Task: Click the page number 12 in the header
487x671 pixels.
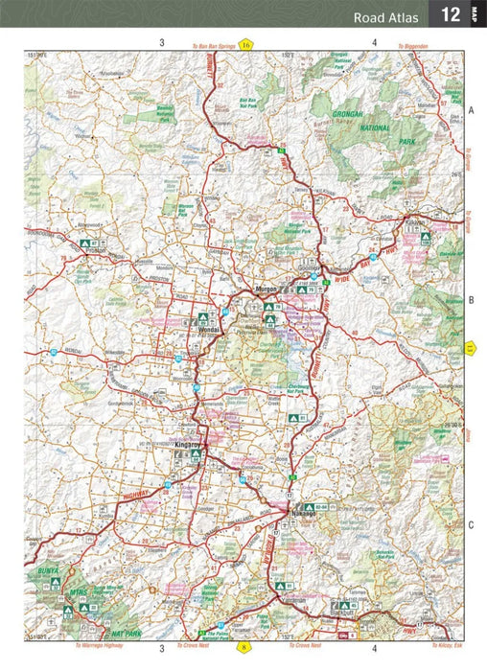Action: tap(450, 14)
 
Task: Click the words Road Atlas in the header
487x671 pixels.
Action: tap(385, 16)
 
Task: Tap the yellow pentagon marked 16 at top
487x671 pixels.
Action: tap(246, 44)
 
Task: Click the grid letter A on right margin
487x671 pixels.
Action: tap(472, 111)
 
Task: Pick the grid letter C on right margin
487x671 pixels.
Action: tap(472, 524)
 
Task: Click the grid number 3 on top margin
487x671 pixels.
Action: tap(161, 42)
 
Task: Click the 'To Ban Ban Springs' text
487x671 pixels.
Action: tap(213, 45)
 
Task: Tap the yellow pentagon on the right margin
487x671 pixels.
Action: tap(470, 348)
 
